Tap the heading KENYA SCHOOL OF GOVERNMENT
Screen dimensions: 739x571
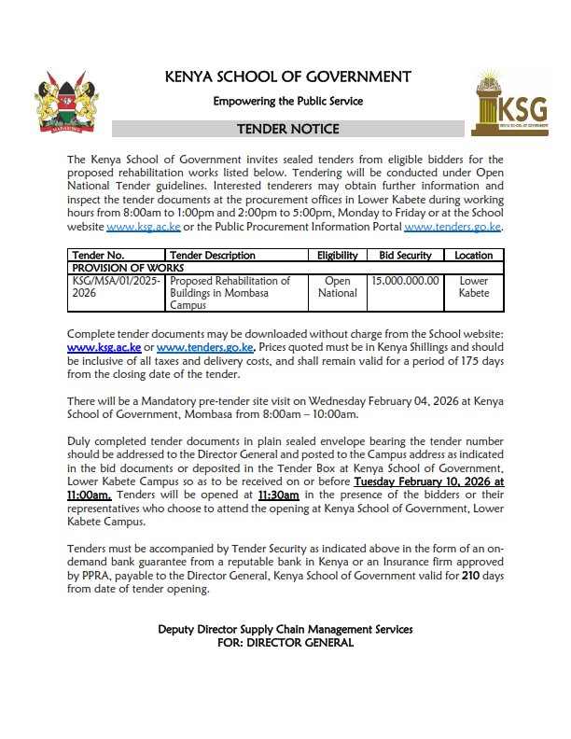[x=287, y=77]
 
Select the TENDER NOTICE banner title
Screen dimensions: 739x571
[x=287, y=129]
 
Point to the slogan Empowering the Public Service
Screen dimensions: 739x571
[x=287, y=101]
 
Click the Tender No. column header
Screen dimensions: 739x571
[x=98, y=255]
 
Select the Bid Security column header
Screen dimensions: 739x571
[x=406, y=255]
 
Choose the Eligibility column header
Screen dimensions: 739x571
[x=338, y=255]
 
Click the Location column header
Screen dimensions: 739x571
[x=474, y=255]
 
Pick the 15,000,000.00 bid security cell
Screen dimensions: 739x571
[x=405, y=280]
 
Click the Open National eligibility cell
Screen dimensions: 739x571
[x=338, y=286]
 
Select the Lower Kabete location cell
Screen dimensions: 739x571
[x=474, y=286]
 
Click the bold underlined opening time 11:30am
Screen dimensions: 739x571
[x=278, y=495]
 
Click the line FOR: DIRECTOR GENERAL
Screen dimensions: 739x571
[x=285, y=642]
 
